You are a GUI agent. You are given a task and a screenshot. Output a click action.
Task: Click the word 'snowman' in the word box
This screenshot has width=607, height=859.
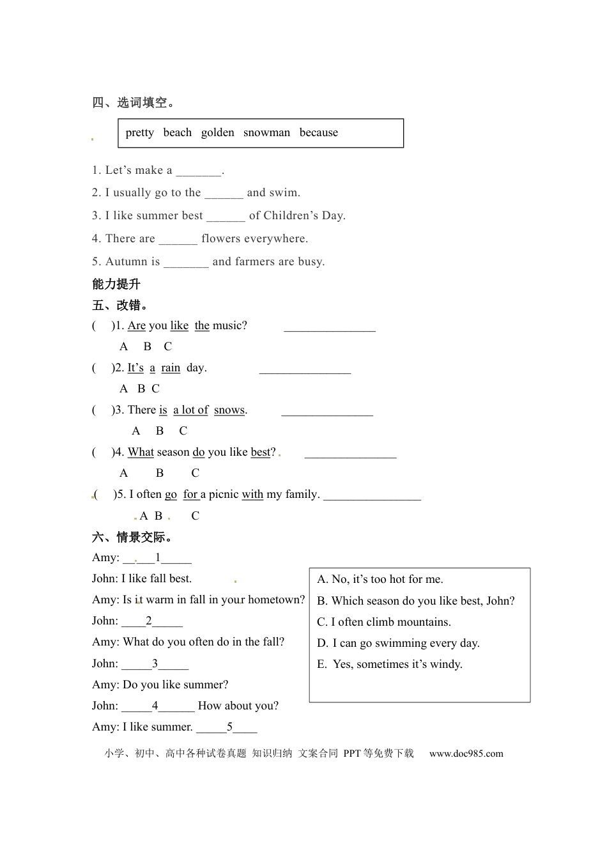click(266, 133)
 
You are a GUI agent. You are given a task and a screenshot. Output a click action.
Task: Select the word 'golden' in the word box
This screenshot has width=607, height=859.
click(217, 133)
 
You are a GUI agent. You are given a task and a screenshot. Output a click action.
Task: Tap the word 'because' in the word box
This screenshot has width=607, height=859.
click(318, 133)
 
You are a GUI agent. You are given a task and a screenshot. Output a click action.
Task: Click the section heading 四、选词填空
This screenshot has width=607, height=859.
click(133, 103)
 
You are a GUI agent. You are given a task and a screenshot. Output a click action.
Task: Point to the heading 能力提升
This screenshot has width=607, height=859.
click(116, 284)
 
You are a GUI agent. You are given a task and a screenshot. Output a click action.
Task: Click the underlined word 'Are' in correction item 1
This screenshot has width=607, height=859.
click(137, 326)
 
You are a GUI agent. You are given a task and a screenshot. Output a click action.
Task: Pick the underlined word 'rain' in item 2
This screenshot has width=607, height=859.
click(171, 368)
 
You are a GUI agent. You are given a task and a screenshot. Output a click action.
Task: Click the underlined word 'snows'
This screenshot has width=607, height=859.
click(229, 410)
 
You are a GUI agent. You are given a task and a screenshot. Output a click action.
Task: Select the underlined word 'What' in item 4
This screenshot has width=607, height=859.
click(141, 453)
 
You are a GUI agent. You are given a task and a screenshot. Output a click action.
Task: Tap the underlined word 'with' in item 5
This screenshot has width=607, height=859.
click(252, 495)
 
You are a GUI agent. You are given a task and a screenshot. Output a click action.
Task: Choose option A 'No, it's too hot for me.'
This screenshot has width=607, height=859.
click(380, 580)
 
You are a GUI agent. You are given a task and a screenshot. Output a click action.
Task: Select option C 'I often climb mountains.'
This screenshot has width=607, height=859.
click(384, 622)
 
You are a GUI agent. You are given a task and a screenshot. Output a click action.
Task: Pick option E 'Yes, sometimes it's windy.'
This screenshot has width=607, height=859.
click(390, 665)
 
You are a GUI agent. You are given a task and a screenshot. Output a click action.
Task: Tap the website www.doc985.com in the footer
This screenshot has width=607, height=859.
click(466, 754)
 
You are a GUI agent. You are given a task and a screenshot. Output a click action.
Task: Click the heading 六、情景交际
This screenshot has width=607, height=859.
click(132, 538)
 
